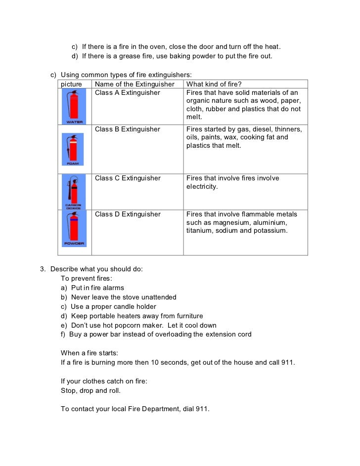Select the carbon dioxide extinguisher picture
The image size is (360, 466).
click(73, 192)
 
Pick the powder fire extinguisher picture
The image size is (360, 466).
click(73, 228)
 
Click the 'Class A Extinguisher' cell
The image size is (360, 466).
click(128, 93)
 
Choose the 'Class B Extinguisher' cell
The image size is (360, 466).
click(128, 129)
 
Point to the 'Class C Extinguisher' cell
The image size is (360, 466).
click(128, 178)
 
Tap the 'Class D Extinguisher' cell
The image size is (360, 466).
click(128, 214)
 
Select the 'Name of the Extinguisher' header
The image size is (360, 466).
click(135, 85)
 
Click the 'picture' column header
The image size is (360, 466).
click(71, 85)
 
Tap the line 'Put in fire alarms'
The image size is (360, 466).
click(97, 288)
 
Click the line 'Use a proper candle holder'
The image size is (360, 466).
click(113, 307)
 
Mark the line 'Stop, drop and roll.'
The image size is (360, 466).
click(90, 391)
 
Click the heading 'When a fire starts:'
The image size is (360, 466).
click(90, 353)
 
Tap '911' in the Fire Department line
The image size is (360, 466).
click(202, 409)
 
